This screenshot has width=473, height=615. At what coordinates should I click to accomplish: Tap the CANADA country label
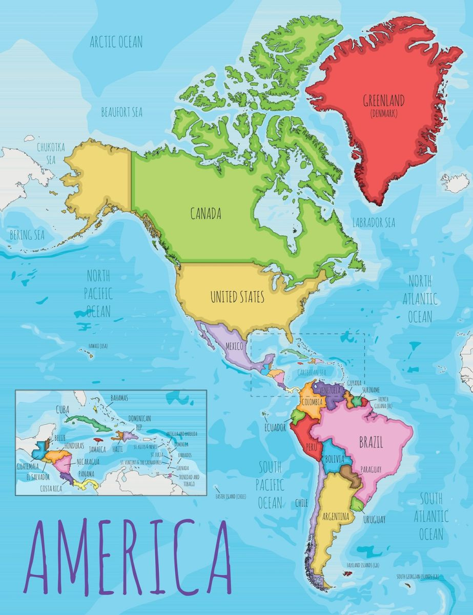point(206,214)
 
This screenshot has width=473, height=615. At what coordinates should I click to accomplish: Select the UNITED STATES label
point(237,296)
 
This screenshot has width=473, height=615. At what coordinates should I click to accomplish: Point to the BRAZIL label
point(371,442)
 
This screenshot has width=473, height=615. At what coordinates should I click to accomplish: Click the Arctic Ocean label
point(116,42)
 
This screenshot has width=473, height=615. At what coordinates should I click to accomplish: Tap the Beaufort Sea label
point(121,112)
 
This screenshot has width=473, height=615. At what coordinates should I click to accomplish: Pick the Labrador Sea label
point(374,222)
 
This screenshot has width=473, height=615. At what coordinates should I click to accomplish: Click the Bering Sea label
point(27,235)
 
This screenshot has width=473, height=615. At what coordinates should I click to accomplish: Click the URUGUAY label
point(375,520)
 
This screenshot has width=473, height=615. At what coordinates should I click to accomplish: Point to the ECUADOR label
point(275,428)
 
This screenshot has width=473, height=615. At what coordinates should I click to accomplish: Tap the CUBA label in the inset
point(63,410)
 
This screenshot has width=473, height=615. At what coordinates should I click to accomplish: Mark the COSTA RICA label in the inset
point(51,488)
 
